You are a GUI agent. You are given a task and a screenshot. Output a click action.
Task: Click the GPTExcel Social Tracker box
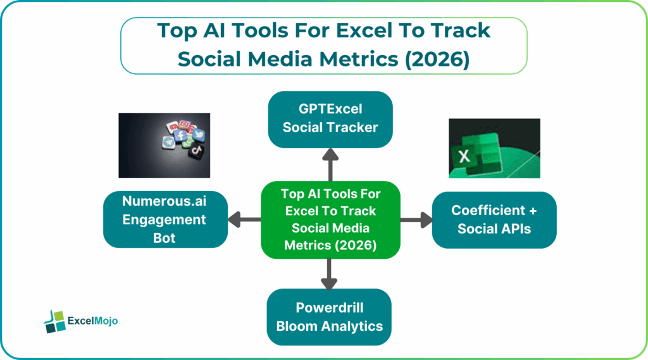pos(330,119)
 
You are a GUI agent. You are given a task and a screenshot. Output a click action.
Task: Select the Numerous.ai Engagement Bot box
pos(165,220)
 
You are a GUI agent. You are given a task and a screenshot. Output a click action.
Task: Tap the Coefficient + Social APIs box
pos(494,220)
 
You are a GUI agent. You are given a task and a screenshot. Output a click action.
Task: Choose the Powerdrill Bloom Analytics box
pos(330,317)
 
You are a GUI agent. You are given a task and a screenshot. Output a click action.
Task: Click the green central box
pos(330,220)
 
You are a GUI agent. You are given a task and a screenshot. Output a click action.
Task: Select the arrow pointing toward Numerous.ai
pos(244,220)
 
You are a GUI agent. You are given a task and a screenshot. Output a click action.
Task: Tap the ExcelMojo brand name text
pos(92,321)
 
